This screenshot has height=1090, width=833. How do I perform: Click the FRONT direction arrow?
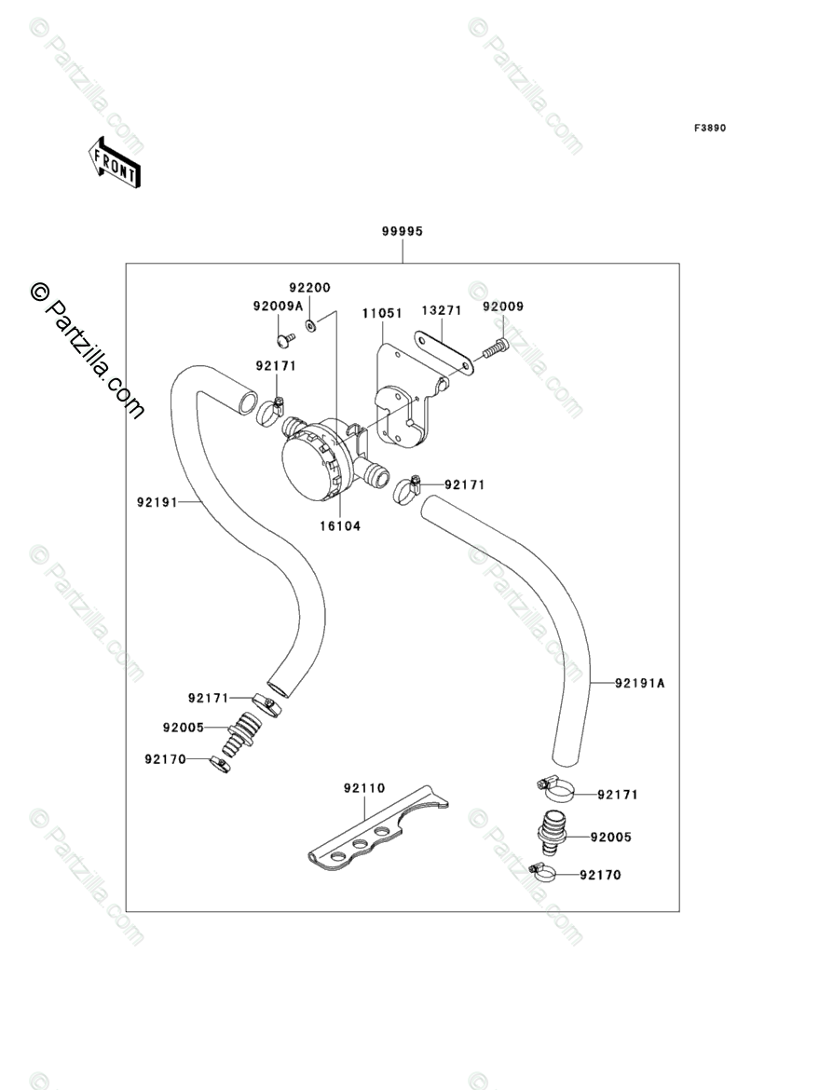click(x=115, y=162)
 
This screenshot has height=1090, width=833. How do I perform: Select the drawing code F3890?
click(x=708, y=128)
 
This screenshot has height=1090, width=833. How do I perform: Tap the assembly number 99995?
click(x=403, y=232)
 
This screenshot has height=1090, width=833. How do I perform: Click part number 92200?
click(x=309, y=289)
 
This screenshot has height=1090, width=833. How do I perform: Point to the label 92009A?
click(x=277, y=307)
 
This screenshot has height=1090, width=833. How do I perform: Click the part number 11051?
click(x=382, y=314)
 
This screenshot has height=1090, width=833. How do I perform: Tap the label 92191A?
click(x=640, y=683)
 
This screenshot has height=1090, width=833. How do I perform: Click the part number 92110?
click(x=363, y=788)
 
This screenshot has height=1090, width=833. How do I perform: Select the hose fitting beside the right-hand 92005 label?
click(x=553, y=830)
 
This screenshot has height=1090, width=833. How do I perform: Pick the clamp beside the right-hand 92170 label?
click(x=541, y=874)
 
